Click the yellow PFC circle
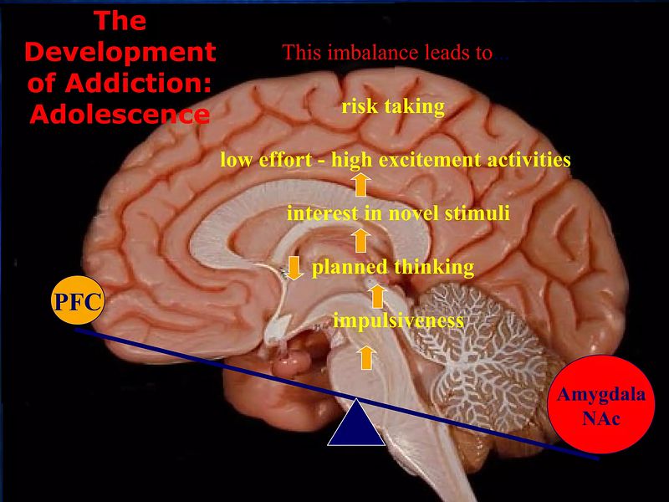[x=78, y=299]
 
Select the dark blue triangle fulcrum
[x=356, y=423]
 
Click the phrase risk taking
[x=393, y=106]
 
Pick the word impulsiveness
[x=398, y=320]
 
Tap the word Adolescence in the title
[x=120, y=114]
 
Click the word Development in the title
[x=120, y=52]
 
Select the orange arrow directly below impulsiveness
[x=365, y=358]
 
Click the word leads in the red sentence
[x=449, y=54]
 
